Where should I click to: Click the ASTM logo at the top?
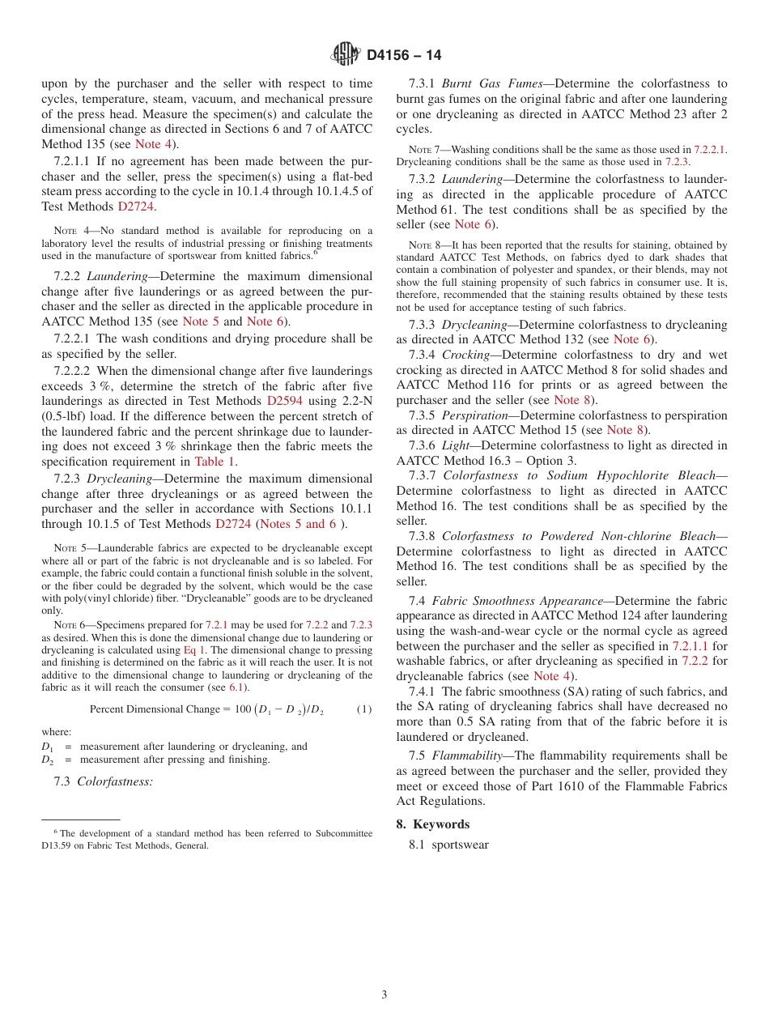[346, 54]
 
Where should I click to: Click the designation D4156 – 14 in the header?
[404, 55]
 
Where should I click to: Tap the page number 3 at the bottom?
[384, 994]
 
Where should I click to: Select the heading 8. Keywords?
[441, 824]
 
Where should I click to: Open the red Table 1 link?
[215, 462]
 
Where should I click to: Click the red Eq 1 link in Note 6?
[194, 649]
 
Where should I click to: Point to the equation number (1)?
[364, 709]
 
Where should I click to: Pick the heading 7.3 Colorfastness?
[103, 781]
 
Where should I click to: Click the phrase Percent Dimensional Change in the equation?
[154, 709]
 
